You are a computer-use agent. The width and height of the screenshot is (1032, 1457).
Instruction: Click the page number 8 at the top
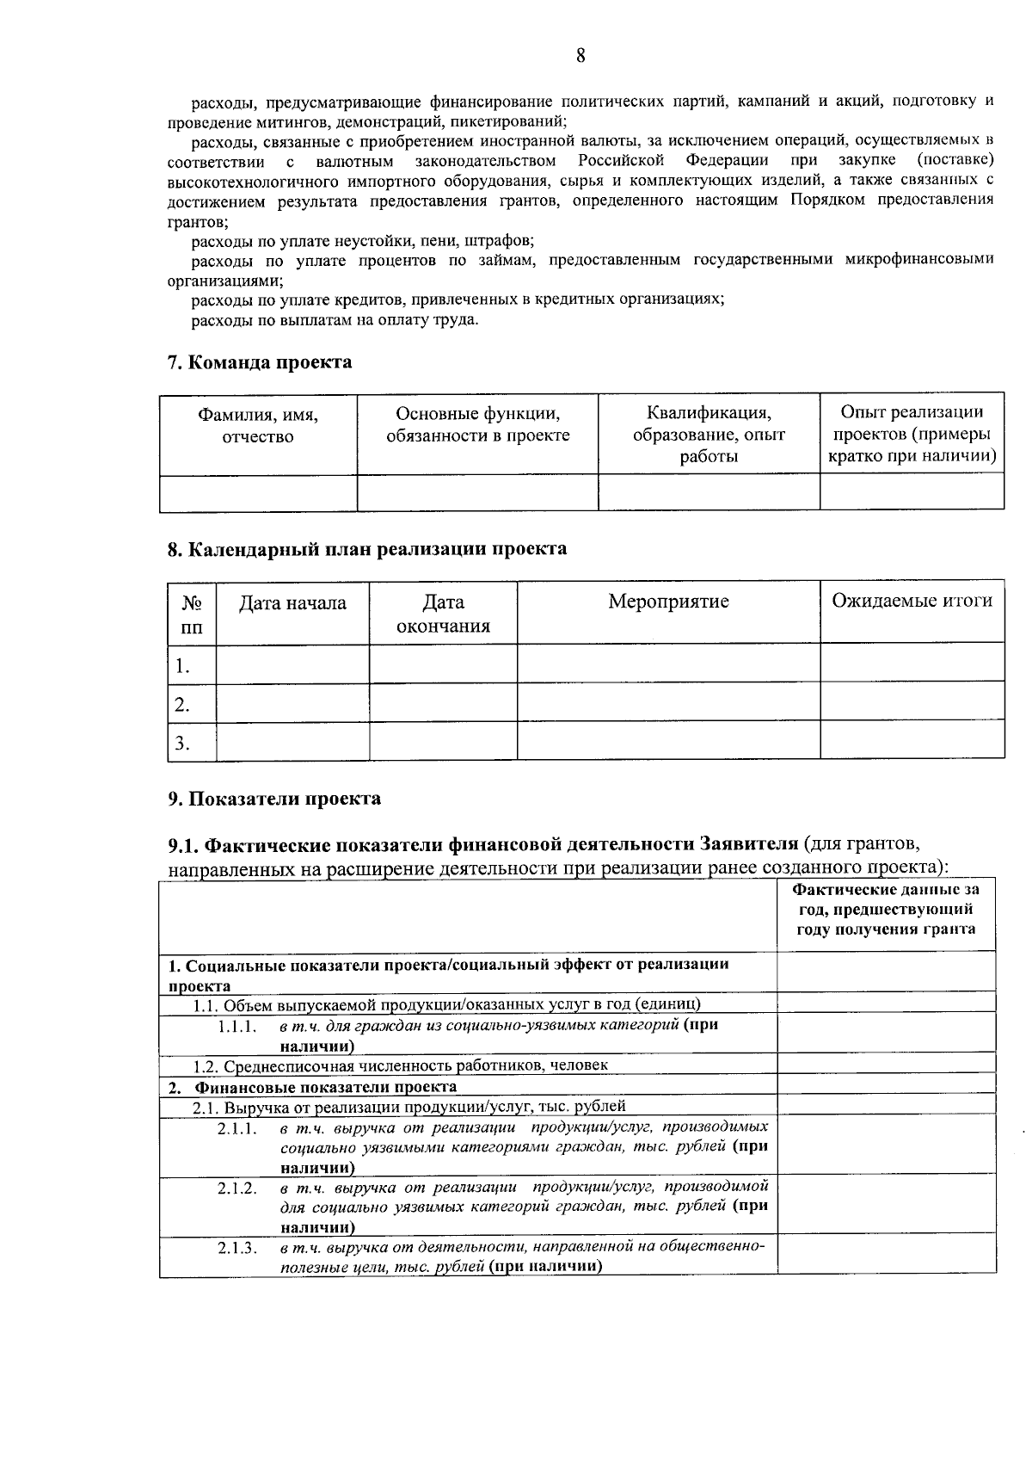point(580,57)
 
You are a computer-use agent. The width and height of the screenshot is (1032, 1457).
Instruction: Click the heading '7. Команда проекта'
point(259,362)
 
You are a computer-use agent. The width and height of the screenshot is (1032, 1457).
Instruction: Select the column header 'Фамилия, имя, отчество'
point(258,426)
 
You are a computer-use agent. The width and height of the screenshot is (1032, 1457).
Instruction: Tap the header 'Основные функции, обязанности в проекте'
point(477,424)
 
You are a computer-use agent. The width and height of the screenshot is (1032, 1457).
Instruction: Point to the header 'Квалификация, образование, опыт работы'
point(709,435)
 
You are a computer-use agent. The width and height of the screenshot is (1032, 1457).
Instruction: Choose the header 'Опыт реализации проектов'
point(912,434)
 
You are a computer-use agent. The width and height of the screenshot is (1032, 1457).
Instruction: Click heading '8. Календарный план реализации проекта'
point(367,549)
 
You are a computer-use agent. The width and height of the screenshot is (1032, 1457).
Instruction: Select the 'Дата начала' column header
point(292,603)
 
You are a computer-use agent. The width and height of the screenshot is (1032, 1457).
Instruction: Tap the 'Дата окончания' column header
point(443,614)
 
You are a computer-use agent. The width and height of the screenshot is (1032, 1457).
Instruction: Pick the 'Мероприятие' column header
point(668,602)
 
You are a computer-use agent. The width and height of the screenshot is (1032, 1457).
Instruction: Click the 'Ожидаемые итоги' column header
point(912,601)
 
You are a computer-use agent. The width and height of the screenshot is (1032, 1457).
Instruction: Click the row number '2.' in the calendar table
point(182,705)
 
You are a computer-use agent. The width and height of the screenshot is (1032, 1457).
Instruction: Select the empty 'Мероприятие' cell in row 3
point(668,740)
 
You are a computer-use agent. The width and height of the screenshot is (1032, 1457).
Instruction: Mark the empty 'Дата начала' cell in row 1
point(292,663)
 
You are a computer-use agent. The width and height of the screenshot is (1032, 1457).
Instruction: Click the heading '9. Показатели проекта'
point(274,799)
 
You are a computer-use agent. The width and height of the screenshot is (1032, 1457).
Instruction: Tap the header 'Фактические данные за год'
point(886,909)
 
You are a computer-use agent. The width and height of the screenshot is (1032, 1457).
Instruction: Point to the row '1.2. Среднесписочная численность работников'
point(400,1065)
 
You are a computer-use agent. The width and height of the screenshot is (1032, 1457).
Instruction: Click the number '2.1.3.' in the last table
point(236,1247)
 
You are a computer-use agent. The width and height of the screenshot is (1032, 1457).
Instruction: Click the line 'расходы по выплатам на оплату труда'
point(335,320)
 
